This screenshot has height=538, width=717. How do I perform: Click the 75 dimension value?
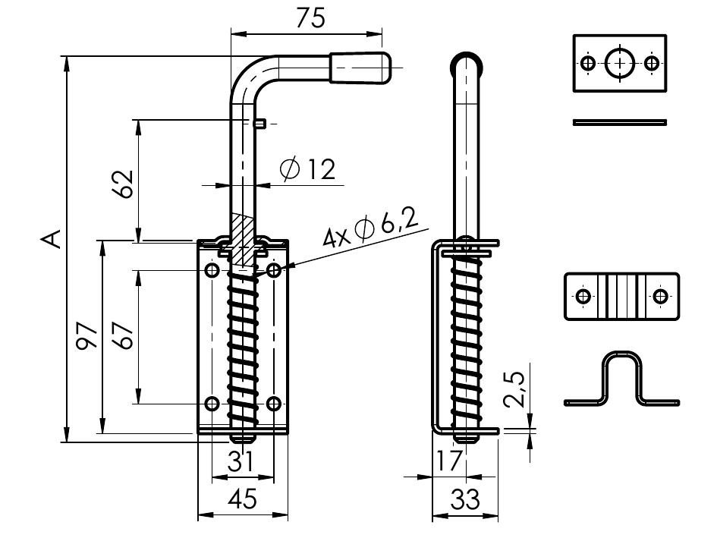coord(310,18)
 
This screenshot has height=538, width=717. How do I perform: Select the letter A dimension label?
coord(52,239)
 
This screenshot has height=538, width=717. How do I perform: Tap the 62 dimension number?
coord(124,184)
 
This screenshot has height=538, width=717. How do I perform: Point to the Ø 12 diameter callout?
coord(308,169)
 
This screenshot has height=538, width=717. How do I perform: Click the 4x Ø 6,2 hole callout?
coord(370,228)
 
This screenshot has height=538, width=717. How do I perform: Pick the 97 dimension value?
coord(88,336)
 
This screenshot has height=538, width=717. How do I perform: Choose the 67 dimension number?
coord(124,336)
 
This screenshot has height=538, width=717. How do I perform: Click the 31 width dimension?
coord(241,461)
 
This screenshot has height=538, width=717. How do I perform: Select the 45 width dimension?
coord(242,499)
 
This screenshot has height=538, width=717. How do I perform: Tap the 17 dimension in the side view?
coord(448,461)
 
